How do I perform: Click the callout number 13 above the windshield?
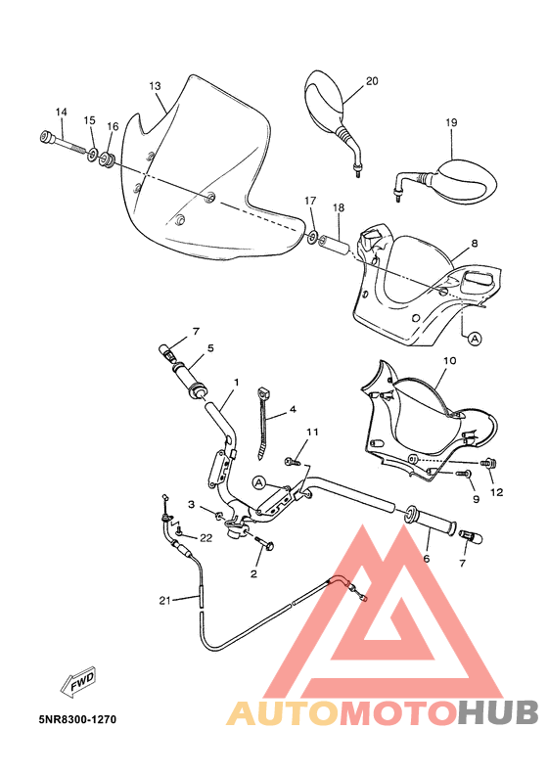point(155,86)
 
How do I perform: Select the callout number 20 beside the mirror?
point(371,81)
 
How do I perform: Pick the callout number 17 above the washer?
point(310,201)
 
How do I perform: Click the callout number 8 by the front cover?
point(474,244)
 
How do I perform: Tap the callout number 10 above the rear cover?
point(449,360)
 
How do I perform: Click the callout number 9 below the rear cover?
point(477,499)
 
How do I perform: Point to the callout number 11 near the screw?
point(313,432)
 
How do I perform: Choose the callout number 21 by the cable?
point(165,600)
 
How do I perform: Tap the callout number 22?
point(205,537)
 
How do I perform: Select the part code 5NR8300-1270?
point(77,719)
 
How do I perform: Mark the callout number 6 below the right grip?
point(426,559)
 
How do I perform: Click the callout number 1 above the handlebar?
point(236,382)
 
